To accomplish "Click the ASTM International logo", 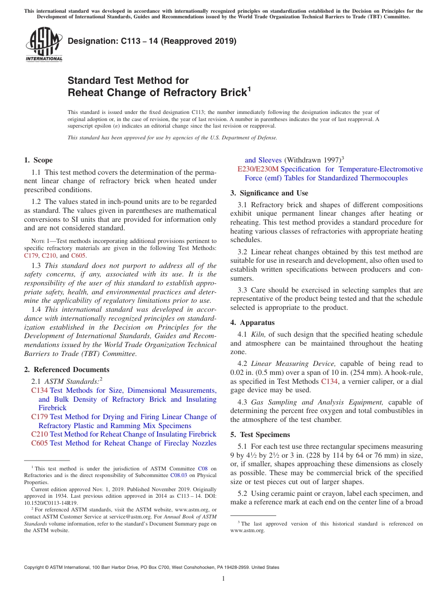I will click(x=43, y=44).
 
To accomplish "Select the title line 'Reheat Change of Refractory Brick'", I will click(x=157, y=93).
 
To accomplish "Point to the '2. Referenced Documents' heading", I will click(x=67, y=370).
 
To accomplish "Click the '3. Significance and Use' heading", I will click(x=269, y=193).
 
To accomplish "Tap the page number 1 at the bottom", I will click(x=223, y=579).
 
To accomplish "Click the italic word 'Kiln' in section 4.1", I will click(x=258, y=334).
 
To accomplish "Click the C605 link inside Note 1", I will click(x=79, y=256).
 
